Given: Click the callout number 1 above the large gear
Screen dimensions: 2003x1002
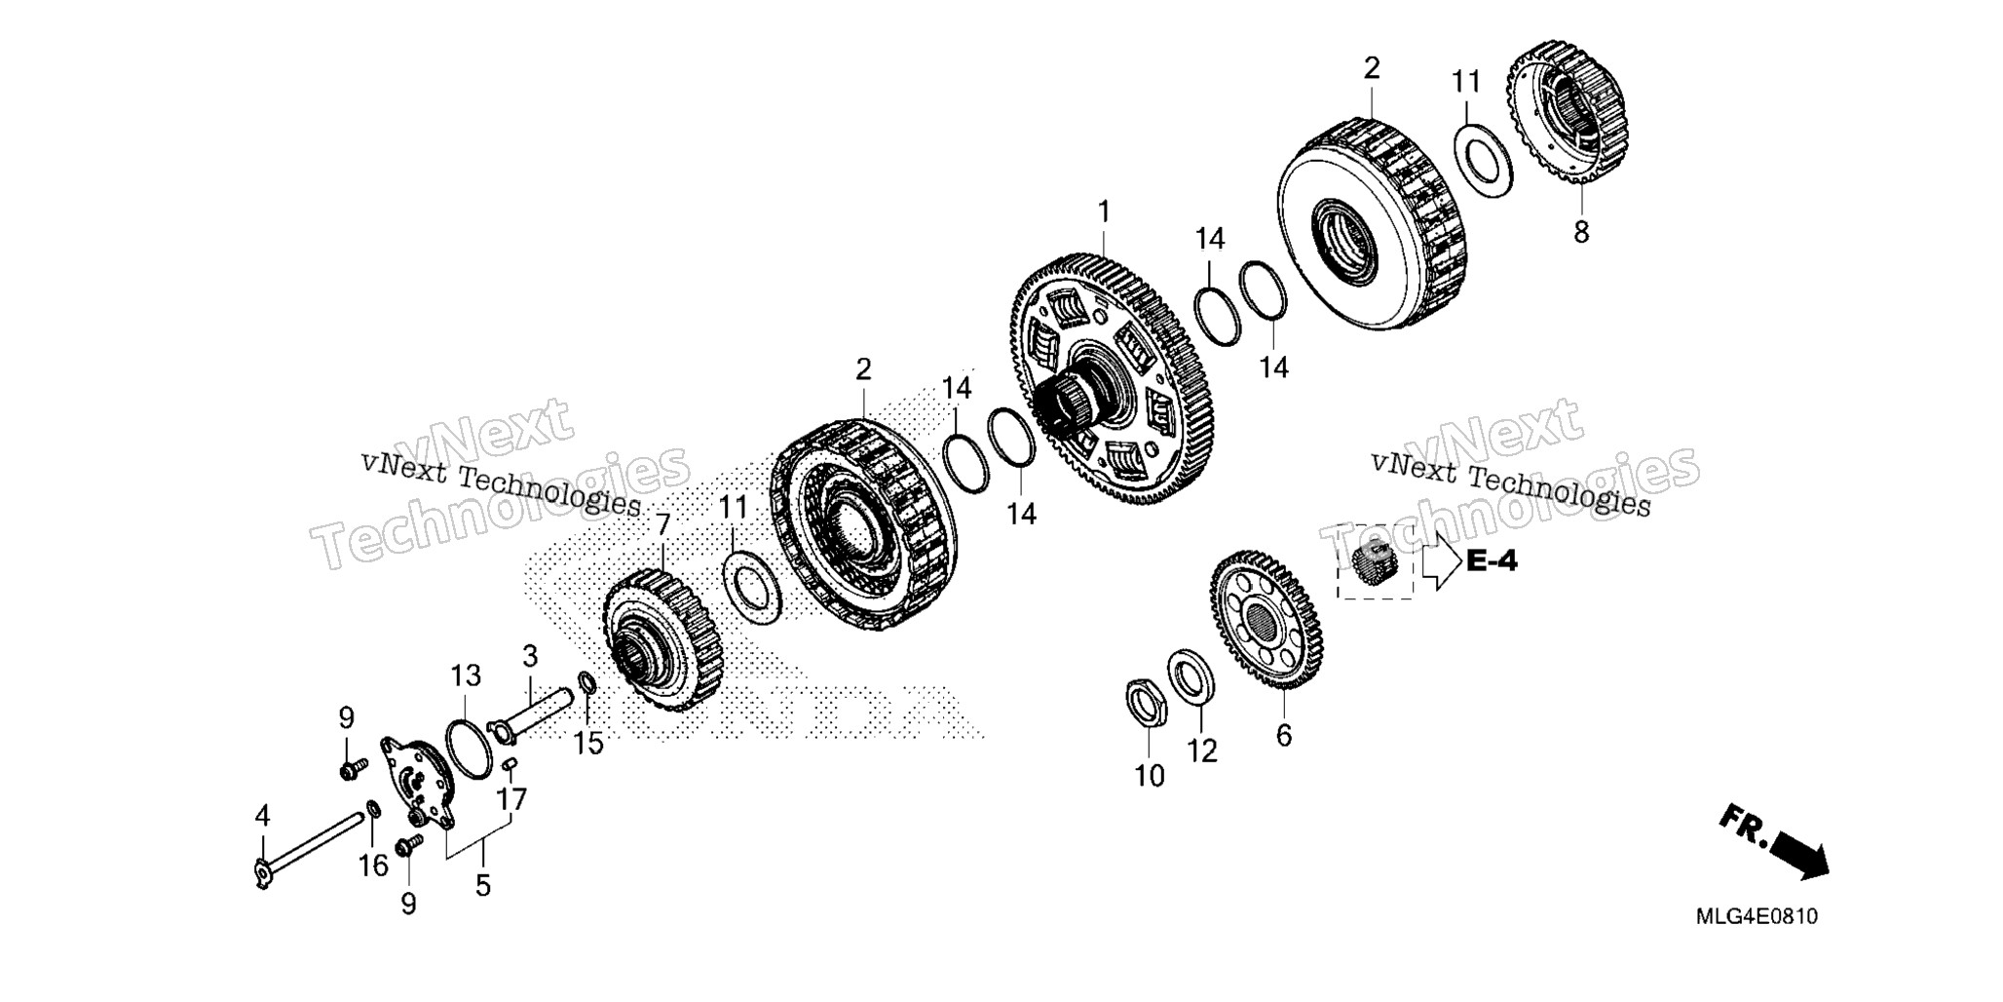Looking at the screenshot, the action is pos(1104,212).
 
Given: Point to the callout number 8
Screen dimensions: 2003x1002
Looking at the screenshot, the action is pos(1581,232).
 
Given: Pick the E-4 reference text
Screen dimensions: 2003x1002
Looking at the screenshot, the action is pos(1492,561).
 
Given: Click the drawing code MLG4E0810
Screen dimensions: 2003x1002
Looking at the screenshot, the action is pos(1757,917).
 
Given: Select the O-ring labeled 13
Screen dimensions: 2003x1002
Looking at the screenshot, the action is pos(469,749).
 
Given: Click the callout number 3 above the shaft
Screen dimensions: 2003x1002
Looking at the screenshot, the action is pos(530,655).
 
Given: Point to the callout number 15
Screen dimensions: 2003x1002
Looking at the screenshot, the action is pos(587,744).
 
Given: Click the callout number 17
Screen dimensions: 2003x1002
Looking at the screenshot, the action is pos(511,799).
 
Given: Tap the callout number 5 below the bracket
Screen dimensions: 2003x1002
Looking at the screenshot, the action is pos(483,886).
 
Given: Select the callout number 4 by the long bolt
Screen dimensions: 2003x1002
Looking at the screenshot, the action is pos(262,816).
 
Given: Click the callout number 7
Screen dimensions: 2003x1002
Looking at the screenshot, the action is pos(663,525).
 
